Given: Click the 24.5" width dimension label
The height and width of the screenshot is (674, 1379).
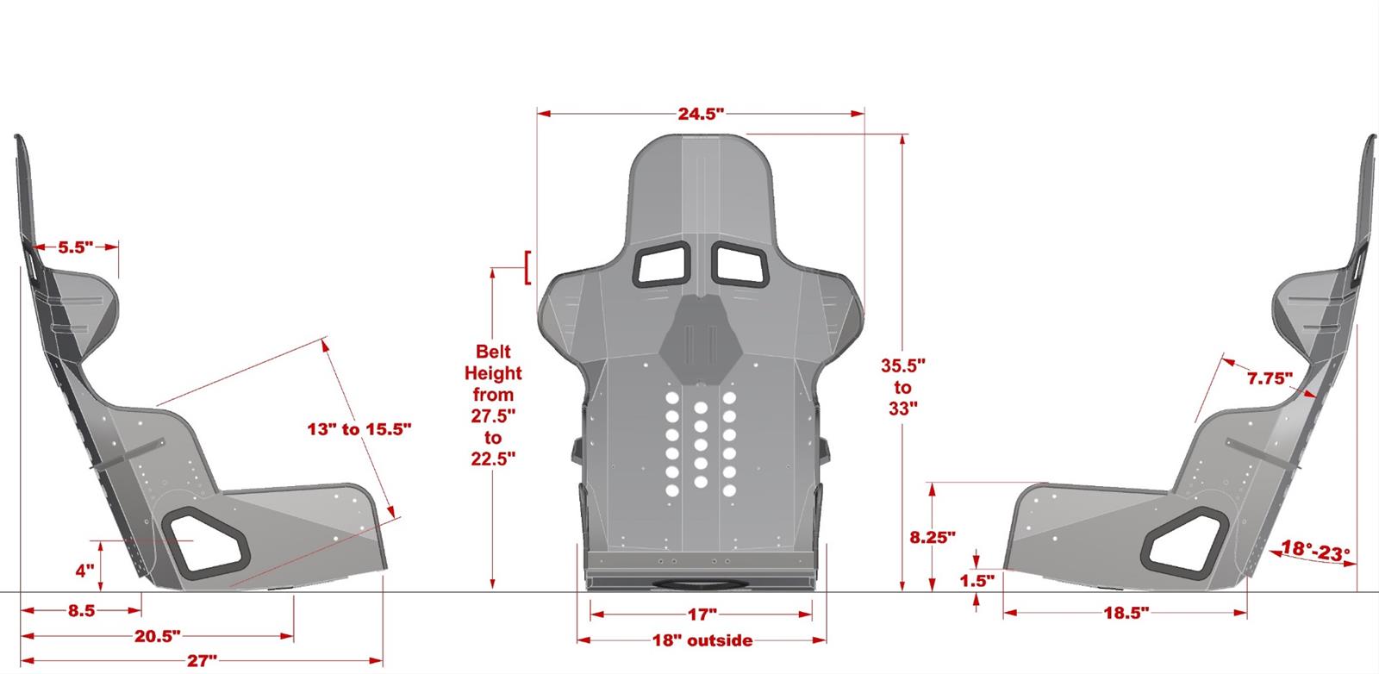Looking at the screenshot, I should point(700,114).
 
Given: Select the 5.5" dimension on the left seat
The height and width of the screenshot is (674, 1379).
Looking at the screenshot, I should point(75,247).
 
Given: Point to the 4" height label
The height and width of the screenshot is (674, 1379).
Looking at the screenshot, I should point(84,571).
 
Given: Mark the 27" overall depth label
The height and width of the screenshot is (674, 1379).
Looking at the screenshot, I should point(201,661).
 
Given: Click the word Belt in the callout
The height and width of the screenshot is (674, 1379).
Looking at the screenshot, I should point(493,352).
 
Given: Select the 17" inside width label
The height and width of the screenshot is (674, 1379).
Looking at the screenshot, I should point(702,615).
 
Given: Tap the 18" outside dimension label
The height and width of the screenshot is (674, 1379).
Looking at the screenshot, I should point(702,640).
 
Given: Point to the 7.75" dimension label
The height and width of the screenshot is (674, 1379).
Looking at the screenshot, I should point(1270,378).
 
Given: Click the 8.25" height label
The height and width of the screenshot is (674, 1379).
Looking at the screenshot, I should point(933,538).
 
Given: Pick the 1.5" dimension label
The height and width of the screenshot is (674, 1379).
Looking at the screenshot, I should point(977,581).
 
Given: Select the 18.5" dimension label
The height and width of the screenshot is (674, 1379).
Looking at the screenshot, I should point(1126,614).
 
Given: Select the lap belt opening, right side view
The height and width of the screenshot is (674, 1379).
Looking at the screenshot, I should point(1185,542).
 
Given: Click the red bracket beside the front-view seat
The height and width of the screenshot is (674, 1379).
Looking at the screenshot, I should point(526,267).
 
